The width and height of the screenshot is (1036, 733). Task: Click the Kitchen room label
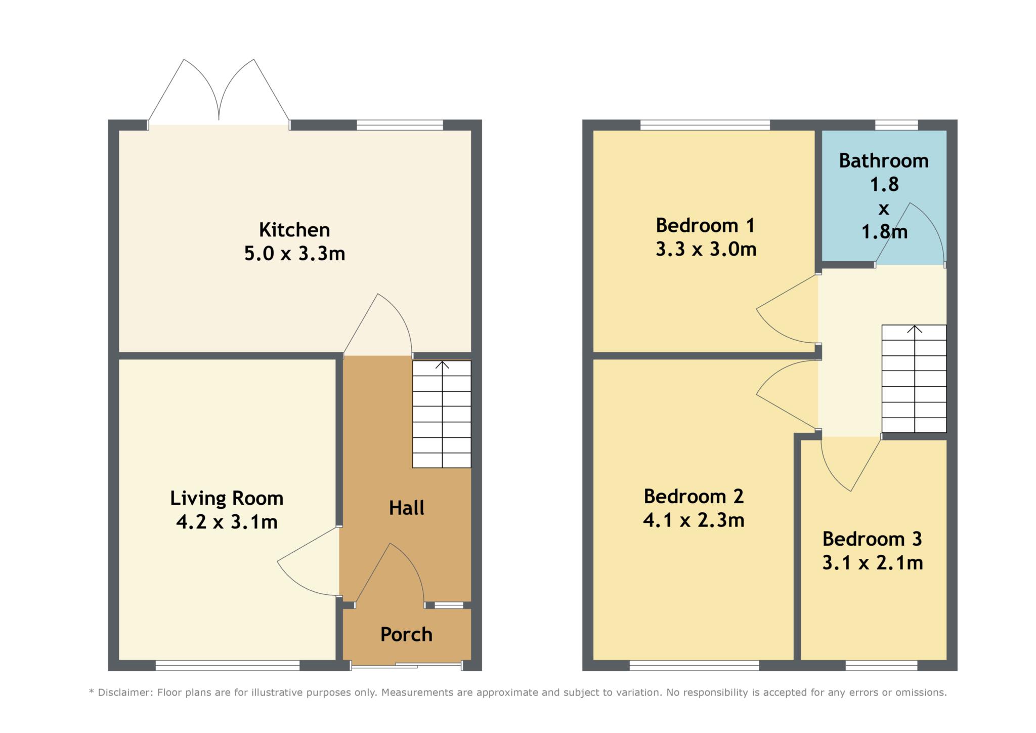point(294,230)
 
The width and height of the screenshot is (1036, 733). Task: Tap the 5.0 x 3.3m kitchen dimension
point(294,253)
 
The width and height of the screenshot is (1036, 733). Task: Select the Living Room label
point(227,499)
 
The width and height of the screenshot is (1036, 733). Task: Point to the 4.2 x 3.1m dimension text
point(227,522)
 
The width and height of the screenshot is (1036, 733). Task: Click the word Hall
point(407,508)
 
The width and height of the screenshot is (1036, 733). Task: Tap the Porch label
point(406,634)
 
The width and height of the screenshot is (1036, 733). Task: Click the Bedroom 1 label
point(705,225)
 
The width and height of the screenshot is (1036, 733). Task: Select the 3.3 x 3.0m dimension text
point(706,249)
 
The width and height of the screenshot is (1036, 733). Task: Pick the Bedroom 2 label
point(694,497)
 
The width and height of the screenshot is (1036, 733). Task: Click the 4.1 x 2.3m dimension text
point(694,520)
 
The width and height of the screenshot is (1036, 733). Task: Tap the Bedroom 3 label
point(872,539)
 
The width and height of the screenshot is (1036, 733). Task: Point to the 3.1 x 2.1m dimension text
point(873,563)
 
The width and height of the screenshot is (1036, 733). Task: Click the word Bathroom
point(884,161)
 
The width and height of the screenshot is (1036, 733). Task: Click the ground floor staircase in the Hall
point(442,414)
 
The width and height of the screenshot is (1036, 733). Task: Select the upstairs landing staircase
point(914,379)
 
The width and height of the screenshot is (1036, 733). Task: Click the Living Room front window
point(227,666)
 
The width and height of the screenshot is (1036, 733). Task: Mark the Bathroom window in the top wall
point(896,125)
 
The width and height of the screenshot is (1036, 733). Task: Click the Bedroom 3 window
point(881,666)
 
